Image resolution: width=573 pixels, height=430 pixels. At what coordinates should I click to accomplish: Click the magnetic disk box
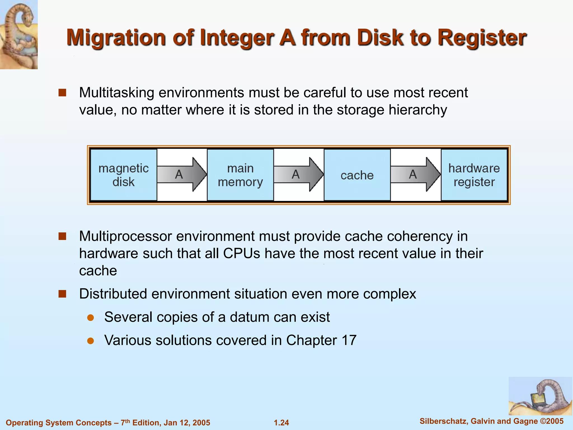click(123, 175)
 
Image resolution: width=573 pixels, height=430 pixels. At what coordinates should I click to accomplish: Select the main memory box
click(240, 175)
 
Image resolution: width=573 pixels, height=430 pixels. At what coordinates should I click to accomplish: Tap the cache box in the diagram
click(357, 175)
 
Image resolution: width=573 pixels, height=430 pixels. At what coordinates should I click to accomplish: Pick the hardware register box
click(474, 175)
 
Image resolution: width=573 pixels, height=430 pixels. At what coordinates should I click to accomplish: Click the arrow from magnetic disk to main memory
click(182, 174)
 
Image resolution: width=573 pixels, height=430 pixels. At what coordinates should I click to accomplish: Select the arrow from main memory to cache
click(299, 174)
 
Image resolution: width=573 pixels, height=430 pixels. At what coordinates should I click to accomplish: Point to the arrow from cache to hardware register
click(415, 174)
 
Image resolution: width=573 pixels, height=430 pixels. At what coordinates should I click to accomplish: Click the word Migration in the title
click(116, 38)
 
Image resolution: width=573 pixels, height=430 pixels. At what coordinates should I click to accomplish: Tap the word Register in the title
click(482, 38)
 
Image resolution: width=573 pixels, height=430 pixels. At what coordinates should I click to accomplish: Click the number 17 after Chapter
click(349, 340)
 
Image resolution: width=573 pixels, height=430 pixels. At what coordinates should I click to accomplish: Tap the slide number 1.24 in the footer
click(281, 423)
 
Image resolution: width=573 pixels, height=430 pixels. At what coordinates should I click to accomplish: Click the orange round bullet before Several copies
click(90, 318)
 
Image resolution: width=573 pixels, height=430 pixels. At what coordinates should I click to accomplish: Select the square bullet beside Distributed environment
click(62, 294)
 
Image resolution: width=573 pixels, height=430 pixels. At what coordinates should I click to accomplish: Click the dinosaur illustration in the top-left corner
click(19, 34)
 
